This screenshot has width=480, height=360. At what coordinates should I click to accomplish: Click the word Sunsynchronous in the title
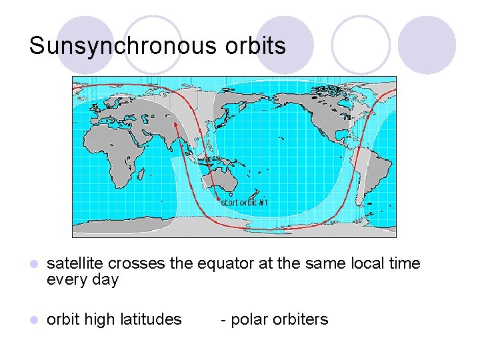pyautogui.click(x=123, y=46)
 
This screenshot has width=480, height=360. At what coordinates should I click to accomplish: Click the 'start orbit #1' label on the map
pyautogui.click(x=244, y=203)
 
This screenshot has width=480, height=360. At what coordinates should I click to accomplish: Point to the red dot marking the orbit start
pyautogui.click(x=218, y=200)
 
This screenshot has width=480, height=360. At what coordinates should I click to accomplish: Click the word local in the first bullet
pyautogui.click(x=369, y=264)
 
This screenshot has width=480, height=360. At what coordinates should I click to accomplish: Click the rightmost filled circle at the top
pyautogui.click(x=427, y=45)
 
